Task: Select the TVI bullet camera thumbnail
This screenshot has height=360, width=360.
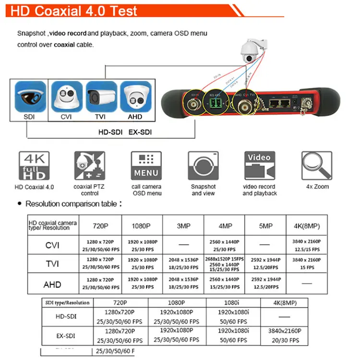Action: (101, 96)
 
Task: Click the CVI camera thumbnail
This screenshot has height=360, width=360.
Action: (66, 96)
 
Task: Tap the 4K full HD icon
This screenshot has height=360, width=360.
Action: (34, 166)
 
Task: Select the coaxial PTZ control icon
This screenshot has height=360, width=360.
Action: (90, 166)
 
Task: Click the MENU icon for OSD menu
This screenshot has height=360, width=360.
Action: (146, 166)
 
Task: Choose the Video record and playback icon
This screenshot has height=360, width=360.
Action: (259, 166)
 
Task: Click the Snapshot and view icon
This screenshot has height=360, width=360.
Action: (204, 166)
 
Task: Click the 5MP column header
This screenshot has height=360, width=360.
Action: (265, 226)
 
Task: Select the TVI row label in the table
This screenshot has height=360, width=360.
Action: (52, 264)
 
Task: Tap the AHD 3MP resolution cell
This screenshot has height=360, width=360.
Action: (183, 283)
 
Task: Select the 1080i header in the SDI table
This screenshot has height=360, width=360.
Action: (233, 303)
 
